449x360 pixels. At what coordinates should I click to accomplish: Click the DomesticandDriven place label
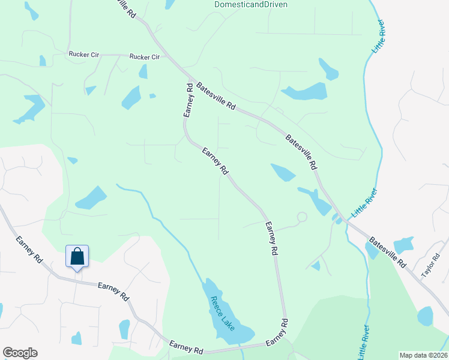point(251,4)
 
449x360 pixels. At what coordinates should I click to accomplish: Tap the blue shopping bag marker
point(77,257)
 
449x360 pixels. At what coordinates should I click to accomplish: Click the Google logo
point(20,353)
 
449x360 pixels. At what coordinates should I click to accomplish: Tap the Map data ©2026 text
point(423,355)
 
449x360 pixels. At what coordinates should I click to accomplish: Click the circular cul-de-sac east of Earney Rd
point(302,217)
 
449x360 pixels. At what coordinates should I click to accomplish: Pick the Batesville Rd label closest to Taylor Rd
point(388,251)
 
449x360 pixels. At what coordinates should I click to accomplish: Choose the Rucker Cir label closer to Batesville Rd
point(145,57)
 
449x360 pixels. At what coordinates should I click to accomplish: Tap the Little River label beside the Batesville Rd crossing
point(364,203)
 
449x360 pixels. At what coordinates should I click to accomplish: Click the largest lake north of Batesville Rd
point(305,92)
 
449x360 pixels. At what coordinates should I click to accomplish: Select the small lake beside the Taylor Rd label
point(403,245)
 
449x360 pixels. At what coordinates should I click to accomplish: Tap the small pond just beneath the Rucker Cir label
point(143,71)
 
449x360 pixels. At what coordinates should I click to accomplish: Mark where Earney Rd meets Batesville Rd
point(191,80)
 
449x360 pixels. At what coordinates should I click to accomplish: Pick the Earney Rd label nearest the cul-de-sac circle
point(271,239)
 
